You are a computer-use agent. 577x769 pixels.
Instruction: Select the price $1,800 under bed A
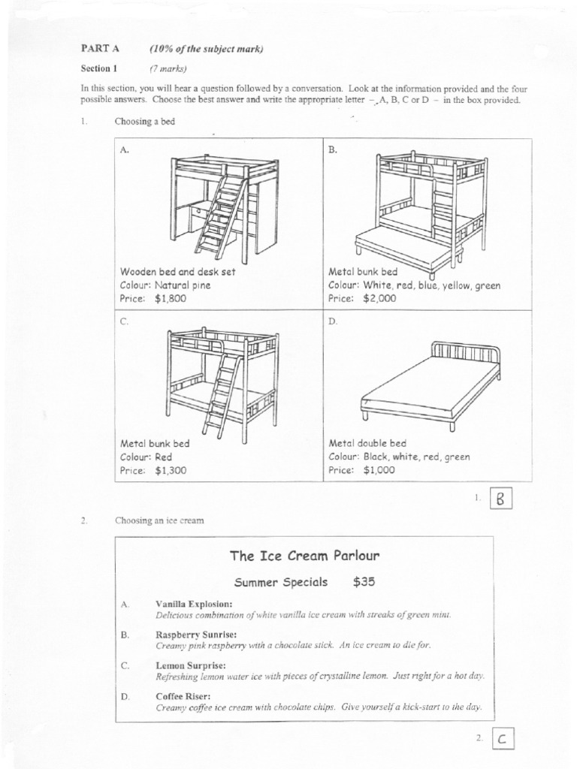click(171, 298)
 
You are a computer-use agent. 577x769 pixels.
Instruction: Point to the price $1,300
click(171, 471)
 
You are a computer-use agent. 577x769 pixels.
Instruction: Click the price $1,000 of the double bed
click(379, 471)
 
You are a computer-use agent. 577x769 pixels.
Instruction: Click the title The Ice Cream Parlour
click(304, 556)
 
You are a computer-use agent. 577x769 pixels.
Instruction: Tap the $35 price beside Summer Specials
click(364, 582)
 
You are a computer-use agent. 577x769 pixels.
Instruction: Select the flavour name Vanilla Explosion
click(194, 604)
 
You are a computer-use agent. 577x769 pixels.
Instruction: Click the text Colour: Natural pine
click(165, 285)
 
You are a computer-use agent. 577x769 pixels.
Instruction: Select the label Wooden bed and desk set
click(177, 272)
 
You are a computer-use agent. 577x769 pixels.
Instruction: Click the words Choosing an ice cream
click(159, 520)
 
